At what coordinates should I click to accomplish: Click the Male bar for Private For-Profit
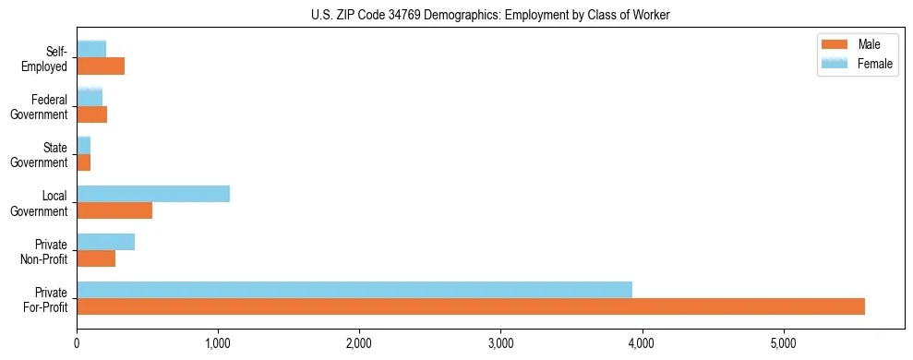tap(471, 306)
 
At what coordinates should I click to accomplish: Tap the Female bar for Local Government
tap(153, 193)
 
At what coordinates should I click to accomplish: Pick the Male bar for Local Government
tap(114, 210)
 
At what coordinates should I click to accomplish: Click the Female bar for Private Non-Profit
tap(106, 242)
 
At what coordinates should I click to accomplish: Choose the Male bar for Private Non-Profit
tap(96, 258)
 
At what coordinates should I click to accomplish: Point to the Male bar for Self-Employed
tap(101, 66)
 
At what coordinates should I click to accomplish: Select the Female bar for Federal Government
tap(90, 97)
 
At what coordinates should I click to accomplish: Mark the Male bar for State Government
tap(84, 162)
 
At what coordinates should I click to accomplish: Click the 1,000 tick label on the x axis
tap(218, 344)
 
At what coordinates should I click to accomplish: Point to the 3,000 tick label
tap(500, 344)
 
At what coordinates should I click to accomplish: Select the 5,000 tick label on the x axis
tap(783, 344)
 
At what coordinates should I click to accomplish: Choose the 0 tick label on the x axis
tap(77, 344)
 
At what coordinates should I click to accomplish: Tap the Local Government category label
tap(44, 203)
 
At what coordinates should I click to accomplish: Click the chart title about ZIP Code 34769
tap(491, 15)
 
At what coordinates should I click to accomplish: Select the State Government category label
tap(44, 155)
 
